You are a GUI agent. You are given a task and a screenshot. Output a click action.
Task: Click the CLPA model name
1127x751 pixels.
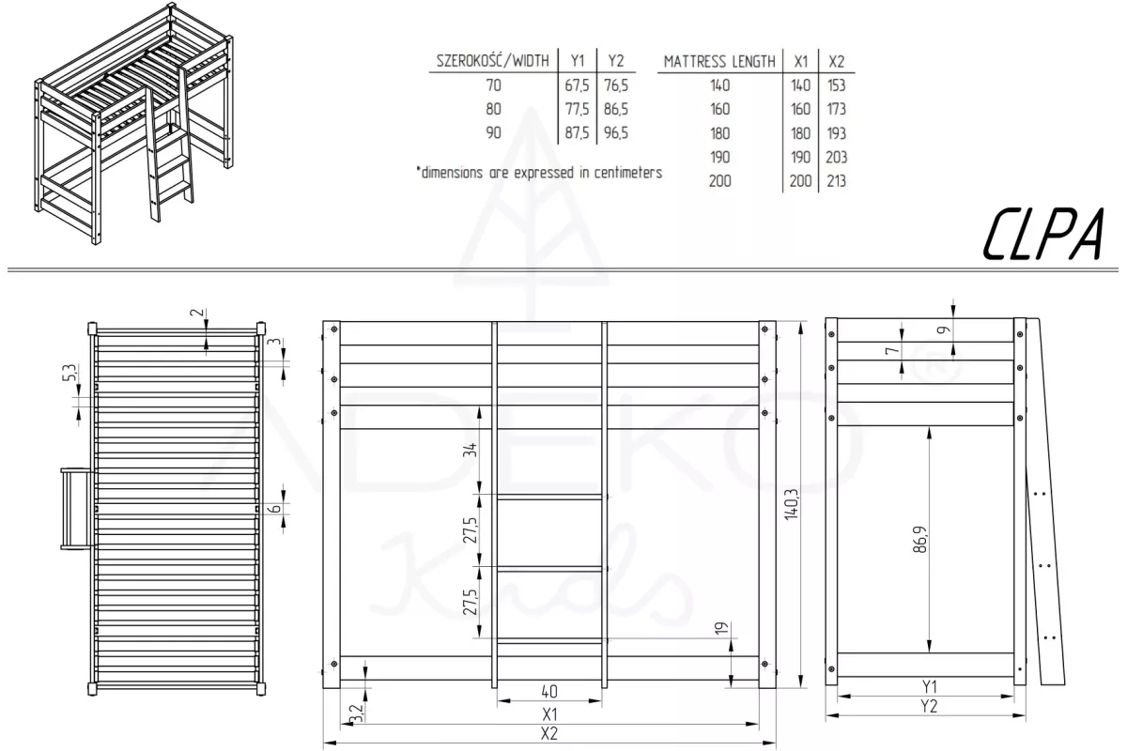[1043, 234]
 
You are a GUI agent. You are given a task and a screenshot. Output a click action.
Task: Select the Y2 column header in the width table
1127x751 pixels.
[616, 61]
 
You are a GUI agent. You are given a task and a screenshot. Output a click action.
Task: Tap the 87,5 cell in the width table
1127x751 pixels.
[577, 132]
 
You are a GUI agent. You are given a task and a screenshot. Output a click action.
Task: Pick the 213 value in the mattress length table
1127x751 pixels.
[836, 180]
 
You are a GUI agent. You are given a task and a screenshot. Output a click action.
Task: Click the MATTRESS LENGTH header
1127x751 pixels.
[719, 61]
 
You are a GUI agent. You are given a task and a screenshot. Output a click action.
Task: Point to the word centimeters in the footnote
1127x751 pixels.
[628, 173]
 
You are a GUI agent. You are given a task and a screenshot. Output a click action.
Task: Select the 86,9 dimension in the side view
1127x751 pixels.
[919, 539]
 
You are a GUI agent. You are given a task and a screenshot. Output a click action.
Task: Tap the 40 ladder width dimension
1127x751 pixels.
[549, 692]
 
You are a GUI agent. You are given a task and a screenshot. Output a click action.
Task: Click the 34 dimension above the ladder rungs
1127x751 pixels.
[470, 450]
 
